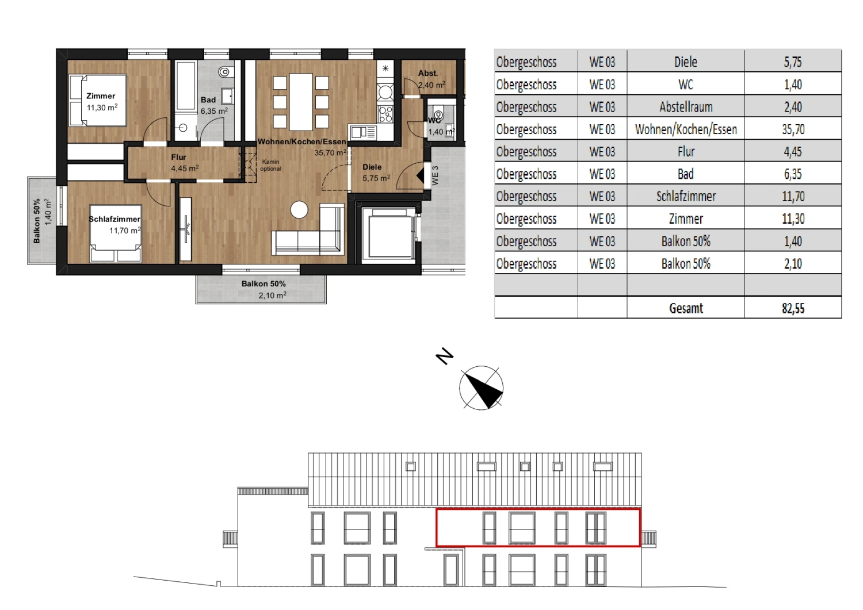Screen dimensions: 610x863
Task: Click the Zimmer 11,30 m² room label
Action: click(102, 102)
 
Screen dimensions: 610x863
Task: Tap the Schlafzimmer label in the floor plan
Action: click(115, 224)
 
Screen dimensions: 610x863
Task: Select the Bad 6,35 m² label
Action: click(213, 105)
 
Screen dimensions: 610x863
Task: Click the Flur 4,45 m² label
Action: click(184, 163)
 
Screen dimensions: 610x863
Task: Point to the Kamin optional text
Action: click(270, 166)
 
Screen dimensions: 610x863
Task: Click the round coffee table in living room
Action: click(299, 210)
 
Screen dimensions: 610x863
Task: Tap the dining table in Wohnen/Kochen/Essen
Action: click(301, 101)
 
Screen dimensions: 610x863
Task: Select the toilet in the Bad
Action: click(224, 72)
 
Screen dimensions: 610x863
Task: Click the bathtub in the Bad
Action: click(186, 86)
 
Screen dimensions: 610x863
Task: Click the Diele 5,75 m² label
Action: click(375, 172)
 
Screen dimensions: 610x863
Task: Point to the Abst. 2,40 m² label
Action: click(430, 79)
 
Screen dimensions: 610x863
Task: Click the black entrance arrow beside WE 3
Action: click(419, 175)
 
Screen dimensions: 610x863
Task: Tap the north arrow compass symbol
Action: click(482, 388)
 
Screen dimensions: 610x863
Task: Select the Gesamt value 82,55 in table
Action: click(793, 308)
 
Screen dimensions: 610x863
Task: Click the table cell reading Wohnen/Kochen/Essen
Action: click(686, 129)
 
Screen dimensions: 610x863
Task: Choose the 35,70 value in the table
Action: click(793, 129)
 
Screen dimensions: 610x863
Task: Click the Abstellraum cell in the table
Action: click(686, 107)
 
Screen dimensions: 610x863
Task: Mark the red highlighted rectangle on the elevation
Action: click(538, 527)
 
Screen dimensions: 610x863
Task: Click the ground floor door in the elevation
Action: click(452, 570)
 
